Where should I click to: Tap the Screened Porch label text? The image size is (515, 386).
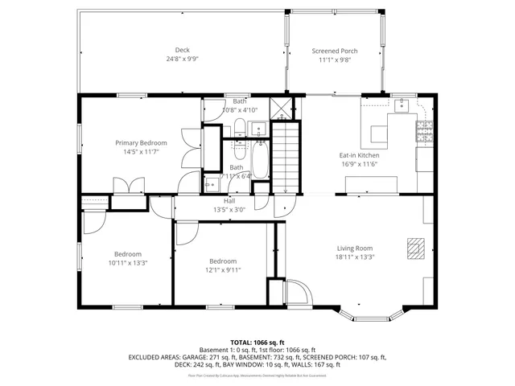(x=335, y=51)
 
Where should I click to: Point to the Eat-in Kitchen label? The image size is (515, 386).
(x=358, y=154)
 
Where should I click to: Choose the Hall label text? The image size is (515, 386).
(x=229, y=200)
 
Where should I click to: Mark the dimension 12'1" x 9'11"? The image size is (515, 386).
(x=223, y=270)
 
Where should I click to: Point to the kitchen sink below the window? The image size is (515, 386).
(x=403, y=105)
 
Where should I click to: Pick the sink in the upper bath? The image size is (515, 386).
(x=257, y=128)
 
